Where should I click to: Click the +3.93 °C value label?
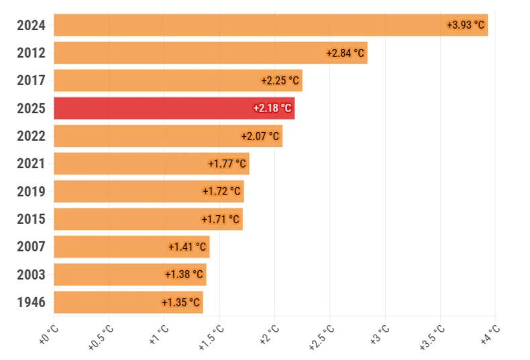[466, 25]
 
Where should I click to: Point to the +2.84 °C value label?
[346, 53]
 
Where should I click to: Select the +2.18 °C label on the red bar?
[272, 108]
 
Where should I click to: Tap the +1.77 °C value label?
[227, 164]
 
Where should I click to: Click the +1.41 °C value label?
[188, 247]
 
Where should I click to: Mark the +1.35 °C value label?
[181, 302]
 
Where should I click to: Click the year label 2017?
[32, 80]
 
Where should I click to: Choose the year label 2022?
[32, 136]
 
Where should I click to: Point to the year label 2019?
[32, 192]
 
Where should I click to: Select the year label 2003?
[32, 274]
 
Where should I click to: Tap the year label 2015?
[32, 219]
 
